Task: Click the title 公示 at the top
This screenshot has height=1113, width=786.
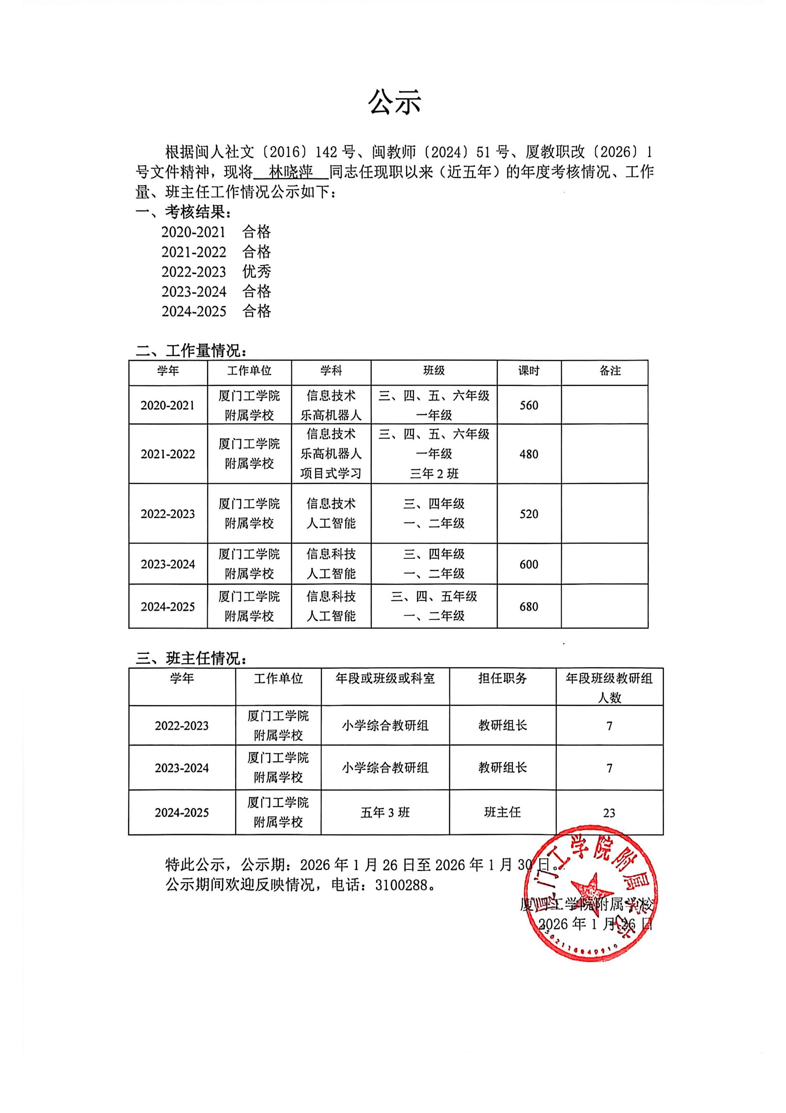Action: pos(394,102)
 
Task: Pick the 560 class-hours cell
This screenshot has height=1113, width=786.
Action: pos(529,405)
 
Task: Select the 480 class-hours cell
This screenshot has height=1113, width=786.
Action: pos(529,454)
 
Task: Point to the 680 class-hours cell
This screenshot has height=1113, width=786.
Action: pos(529,606)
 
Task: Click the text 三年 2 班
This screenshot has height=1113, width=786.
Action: pos(434,474)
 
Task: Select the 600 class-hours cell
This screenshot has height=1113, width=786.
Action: pos(529,564)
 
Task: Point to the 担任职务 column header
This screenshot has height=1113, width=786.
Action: pos(503,678)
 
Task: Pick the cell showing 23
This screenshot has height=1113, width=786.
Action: pos(609,813)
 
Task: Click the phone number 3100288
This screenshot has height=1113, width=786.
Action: pos(402,885)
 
